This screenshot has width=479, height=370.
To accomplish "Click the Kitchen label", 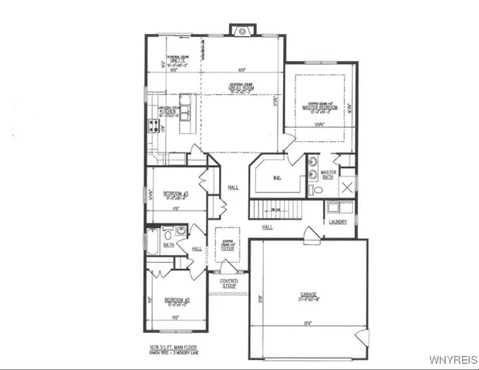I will (167, 111).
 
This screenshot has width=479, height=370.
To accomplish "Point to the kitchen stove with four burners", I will (151, 122).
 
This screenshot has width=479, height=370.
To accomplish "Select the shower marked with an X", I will (347, 187).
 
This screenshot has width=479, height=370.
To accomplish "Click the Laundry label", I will (337, 222).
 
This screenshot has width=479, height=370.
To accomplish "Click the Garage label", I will (309, 294).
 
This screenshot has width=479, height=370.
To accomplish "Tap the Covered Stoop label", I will (229, 284).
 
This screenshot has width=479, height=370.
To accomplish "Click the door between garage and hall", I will (311, 232).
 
